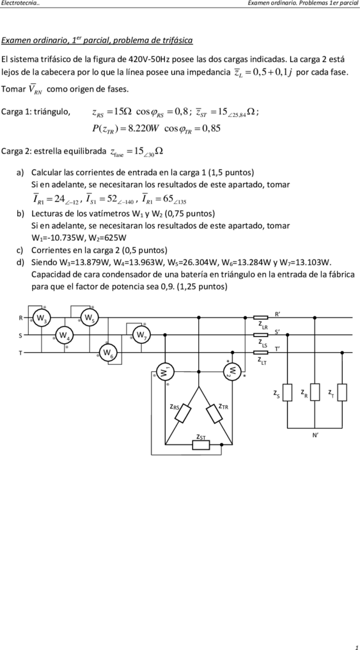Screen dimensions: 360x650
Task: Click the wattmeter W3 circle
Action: coord(41,318)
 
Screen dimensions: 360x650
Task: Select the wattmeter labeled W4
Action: coord(63,335)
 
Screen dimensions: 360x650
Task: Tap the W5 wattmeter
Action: coord(89,318)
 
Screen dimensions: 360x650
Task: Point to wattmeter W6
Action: coord(108,353)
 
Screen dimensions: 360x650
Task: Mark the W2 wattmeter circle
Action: coord(233,371)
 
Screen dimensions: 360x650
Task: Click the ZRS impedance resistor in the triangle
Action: coord(182,414)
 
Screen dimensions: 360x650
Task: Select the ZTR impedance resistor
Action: coord(215,414)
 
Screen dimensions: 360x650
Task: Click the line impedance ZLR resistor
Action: coord(260,318)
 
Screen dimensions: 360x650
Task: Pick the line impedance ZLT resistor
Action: coord(260,353)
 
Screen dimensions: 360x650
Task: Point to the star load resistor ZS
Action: coord(287,392)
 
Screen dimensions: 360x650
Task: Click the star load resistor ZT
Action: coord(342,392)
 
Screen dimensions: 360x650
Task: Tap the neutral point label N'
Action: coord(315,436)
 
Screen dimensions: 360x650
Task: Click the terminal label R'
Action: coord(278,314)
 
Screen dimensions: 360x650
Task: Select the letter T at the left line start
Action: coord(20,353)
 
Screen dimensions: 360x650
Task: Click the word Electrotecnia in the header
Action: coord(20,3)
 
